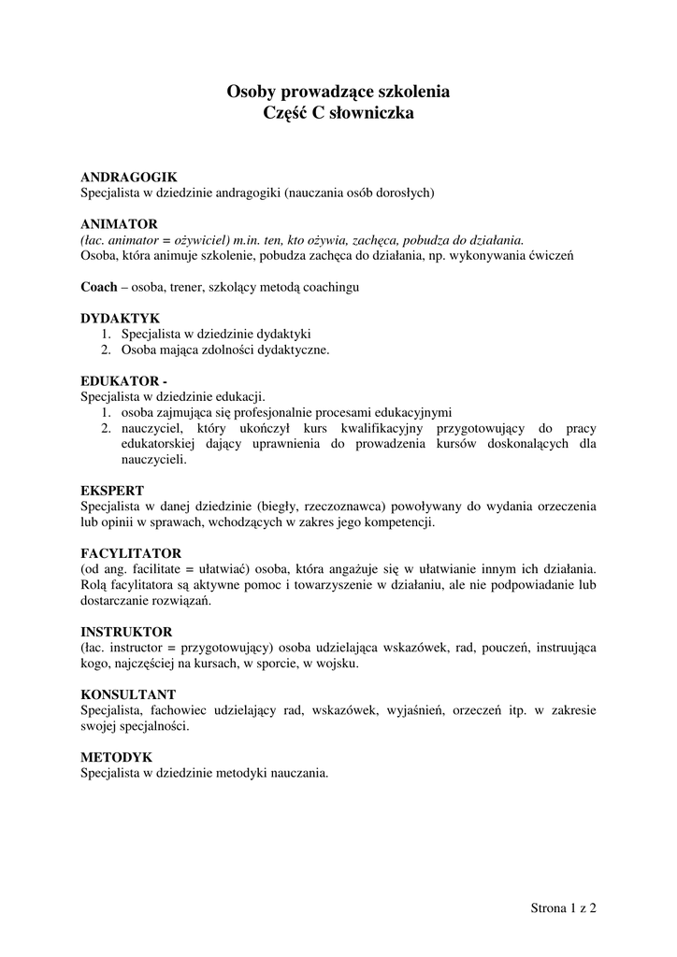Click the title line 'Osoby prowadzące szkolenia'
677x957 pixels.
tap(338, 93)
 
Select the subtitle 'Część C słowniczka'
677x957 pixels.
tap(338, 114)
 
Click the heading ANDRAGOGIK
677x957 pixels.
tap(128, 177)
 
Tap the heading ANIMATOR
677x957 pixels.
tap(119, 224)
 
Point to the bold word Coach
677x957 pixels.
tap(99, 287)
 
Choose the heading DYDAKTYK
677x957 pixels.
tap(121, 319)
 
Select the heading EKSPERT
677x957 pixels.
tap(112, 490)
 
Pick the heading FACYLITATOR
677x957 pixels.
tap(131, 553)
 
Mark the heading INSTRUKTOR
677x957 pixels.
tap(126, 632)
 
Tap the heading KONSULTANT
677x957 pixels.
tap(128, 695)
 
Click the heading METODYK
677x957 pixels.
tap(116, 758)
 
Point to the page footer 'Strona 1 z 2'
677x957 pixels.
tap(563, 907)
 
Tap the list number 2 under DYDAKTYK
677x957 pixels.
tap(106, 350)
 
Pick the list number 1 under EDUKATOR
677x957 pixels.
tap(106, 412)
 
